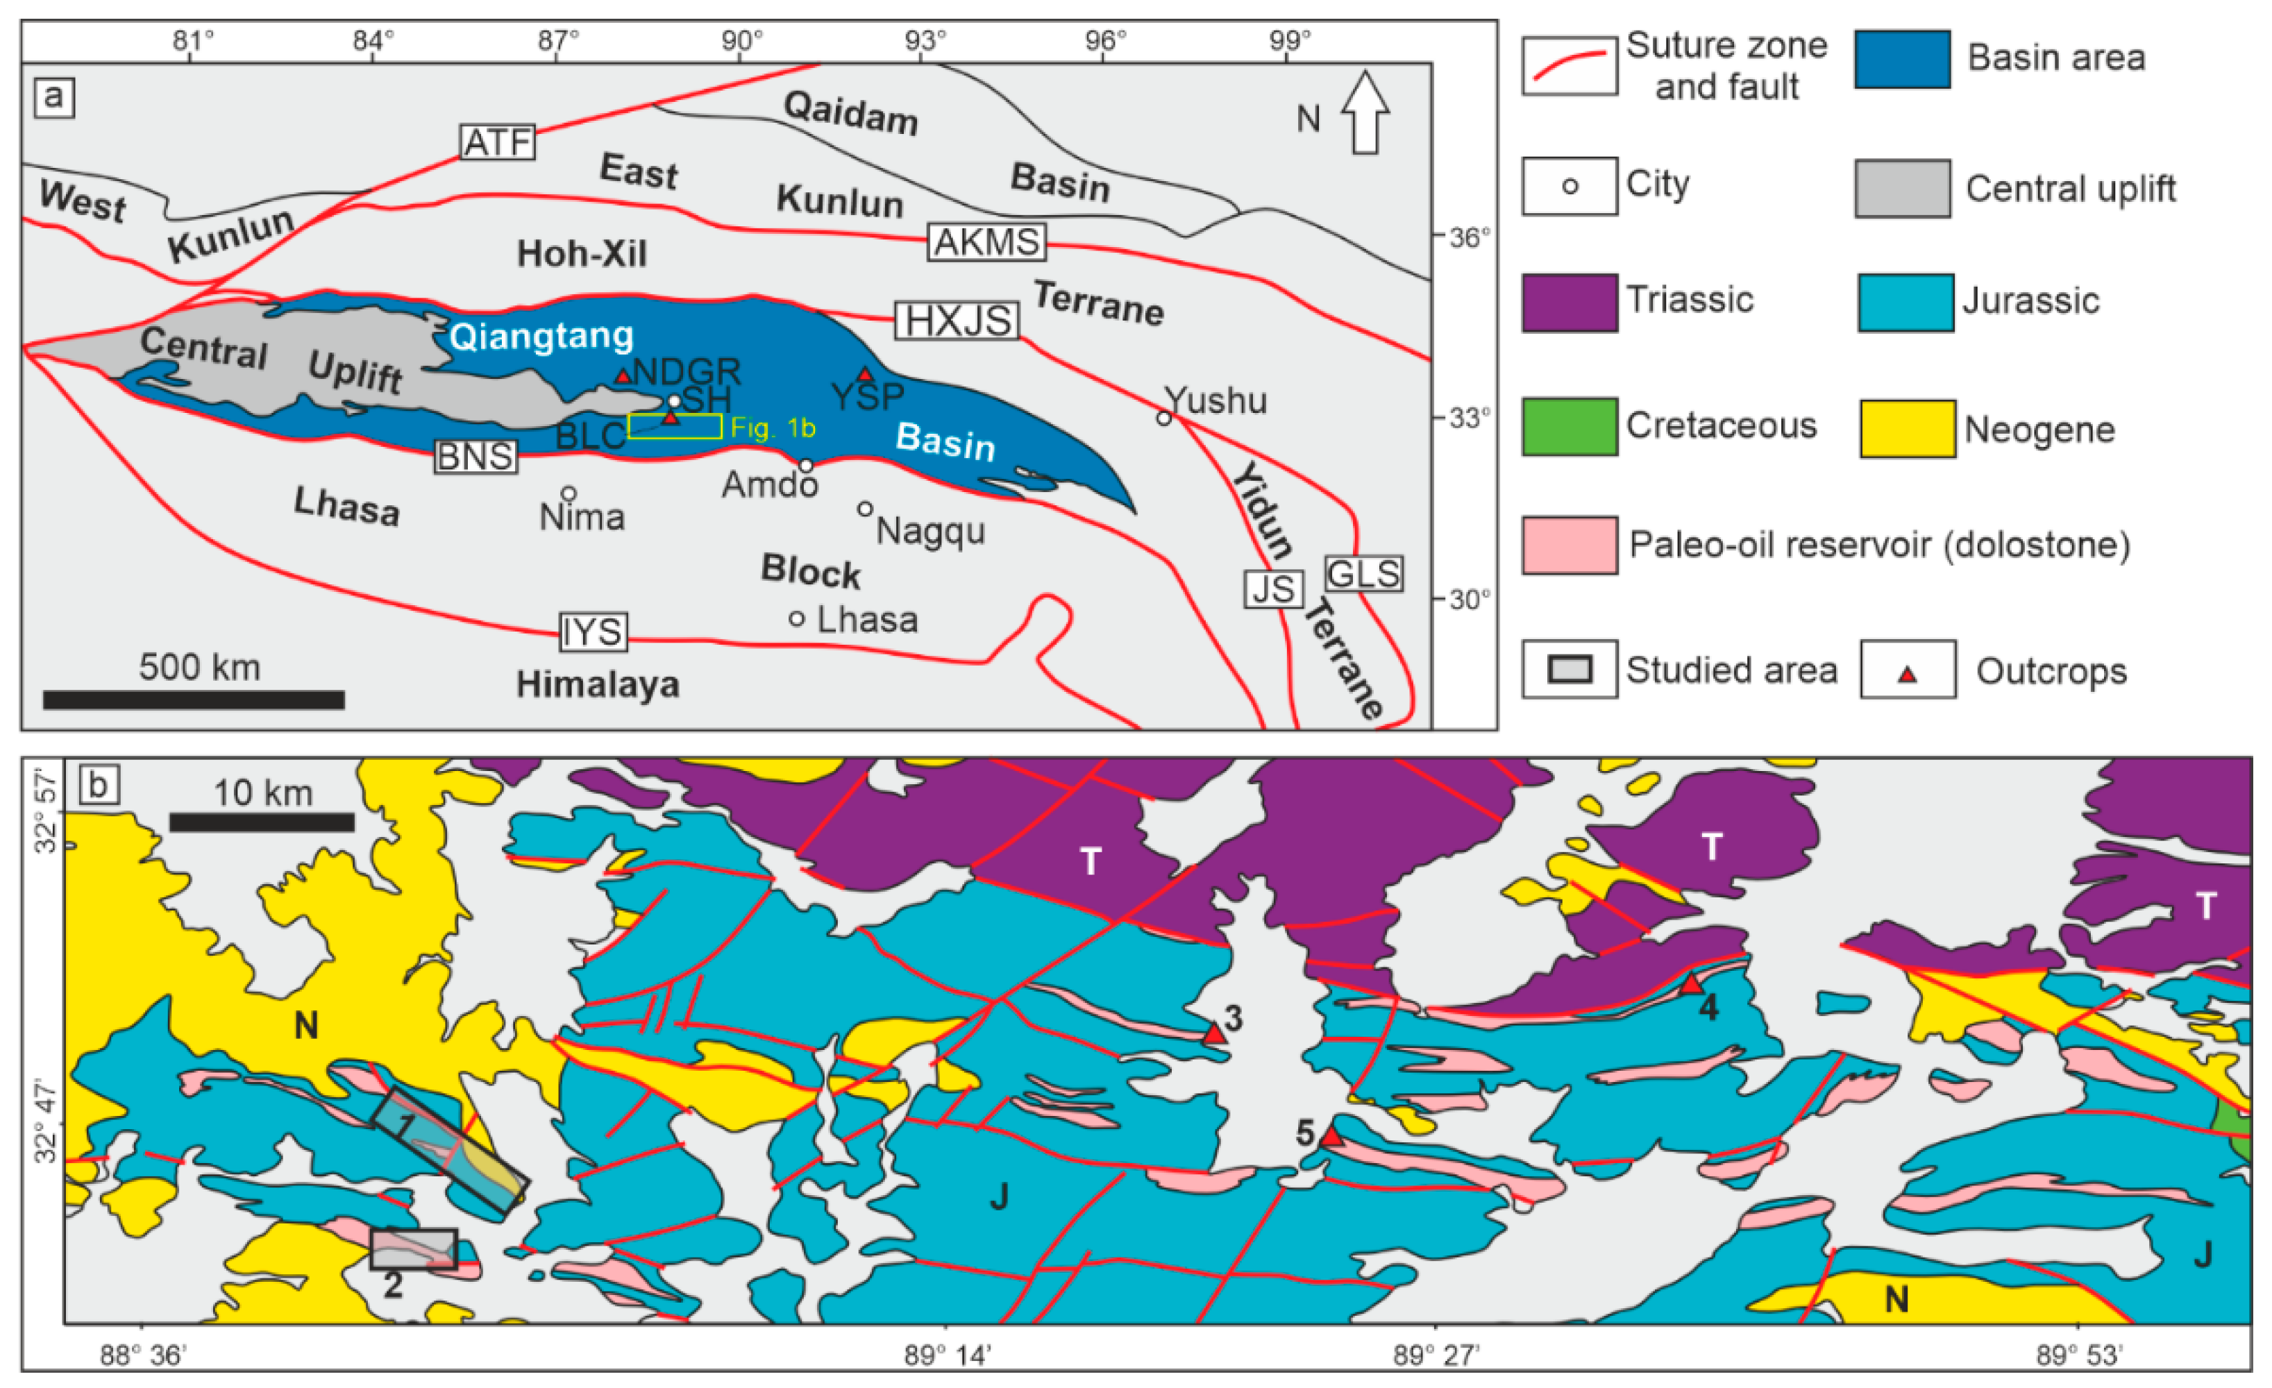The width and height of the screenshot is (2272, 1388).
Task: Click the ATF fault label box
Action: point(497,142)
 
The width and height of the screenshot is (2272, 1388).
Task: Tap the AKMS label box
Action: point(986,242)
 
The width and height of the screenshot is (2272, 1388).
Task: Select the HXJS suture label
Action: point(957,321)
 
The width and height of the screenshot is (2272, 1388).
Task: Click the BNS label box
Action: point(476,456)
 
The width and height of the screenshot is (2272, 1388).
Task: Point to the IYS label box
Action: point(594,632)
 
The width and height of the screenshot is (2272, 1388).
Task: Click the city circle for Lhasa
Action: point(797,618)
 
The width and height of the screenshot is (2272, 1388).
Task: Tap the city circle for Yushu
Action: point(1163,418)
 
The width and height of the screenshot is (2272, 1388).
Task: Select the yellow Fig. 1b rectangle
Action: point(675,426)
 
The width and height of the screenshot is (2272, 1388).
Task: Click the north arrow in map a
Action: point(1365,112)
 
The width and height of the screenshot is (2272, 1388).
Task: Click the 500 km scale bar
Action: point(194,700)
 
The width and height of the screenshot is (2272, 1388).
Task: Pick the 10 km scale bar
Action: point(262,822)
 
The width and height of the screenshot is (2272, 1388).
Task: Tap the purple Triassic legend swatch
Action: point(1570,303)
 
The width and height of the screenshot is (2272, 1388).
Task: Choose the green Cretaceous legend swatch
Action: point(1570,427)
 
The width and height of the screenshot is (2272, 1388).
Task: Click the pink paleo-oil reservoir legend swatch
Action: point(1570,545)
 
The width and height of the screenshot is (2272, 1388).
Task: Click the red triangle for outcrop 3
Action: point(1214,1035)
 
